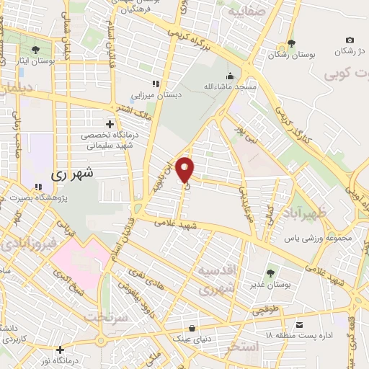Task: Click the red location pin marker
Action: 186,169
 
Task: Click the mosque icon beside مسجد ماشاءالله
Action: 230,76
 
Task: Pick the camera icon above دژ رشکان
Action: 350,40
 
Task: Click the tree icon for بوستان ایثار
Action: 35,49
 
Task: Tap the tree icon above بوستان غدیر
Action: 270,273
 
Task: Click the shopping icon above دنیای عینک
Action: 191,326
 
